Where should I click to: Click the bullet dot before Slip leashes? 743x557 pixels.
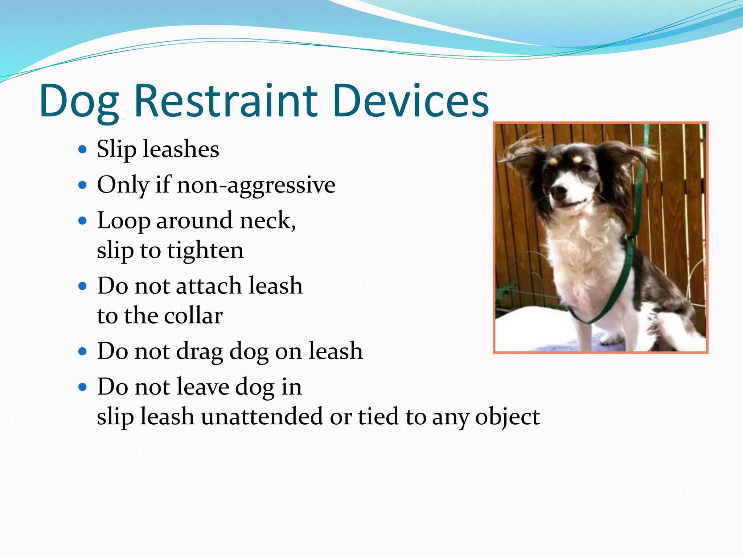click(x=83, y=149)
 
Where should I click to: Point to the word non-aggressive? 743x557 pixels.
click(x=256, y=185)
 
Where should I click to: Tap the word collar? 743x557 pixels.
click(x=193, y=315)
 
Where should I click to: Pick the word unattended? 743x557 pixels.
click(x=262, y=416)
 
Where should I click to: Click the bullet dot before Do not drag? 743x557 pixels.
click(x=83, y=351)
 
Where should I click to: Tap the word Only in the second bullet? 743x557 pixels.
click(x=123, y=185)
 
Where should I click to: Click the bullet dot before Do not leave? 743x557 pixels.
click(x=83, y=387)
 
